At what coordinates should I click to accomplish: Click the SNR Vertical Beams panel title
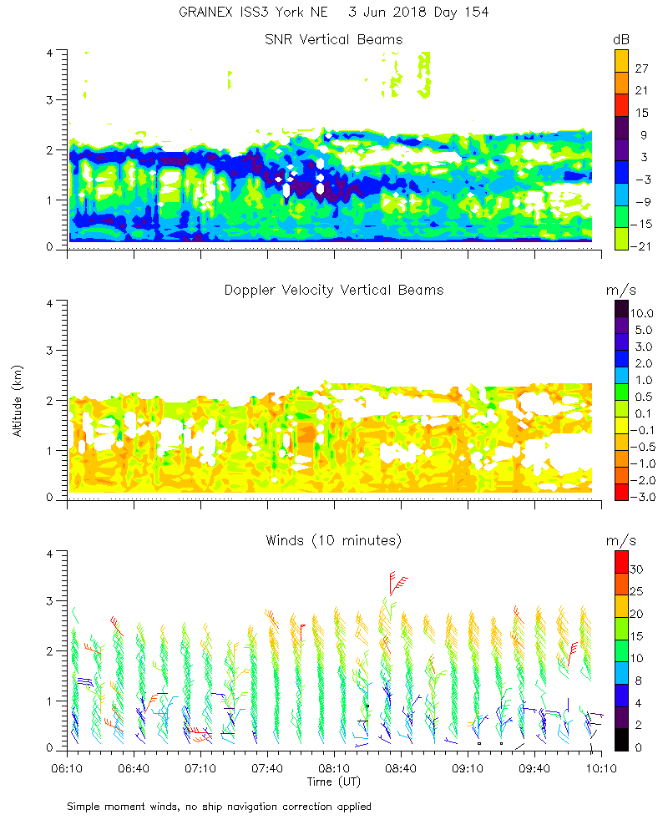334,39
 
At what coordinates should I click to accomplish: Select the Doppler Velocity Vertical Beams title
334,290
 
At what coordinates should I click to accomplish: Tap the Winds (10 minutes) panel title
334,540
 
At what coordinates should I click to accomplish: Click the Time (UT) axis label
334,782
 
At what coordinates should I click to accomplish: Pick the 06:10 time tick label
68,767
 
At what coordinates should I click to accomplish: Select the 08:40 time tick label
401,767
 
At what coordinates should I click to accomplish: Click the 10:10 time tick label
601,767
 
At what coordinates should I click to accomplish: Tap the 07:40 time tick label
267,767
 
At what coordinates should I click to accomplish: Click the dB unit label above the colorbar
622,39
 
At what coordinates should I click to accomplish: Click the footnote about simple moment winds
220,807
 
